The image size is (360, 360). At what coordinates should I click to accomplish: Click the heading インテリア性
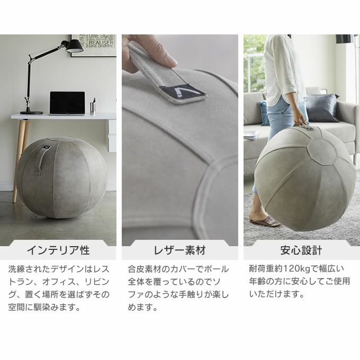[x=58, y=250]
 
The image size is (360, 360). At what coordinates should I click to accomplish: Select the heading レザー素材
[x=180, y=250]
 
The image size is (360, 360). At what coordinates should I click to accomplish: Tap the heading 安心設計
[x=301, y=250]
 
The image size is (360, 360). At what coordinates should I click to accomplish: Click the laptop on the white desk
[x=67, y=103]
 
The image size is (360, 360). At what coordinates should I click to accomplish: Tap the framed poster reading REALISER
[x=94, y=45]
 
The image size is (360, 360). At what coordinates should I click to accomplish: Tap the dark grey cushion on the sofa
[x=321, y=107]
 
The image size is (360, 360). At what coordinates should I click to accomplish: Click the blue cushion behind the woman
[x=264, y=113]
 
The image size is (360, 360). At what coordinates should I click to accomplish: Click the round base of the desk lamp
[x=31, y=112]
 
